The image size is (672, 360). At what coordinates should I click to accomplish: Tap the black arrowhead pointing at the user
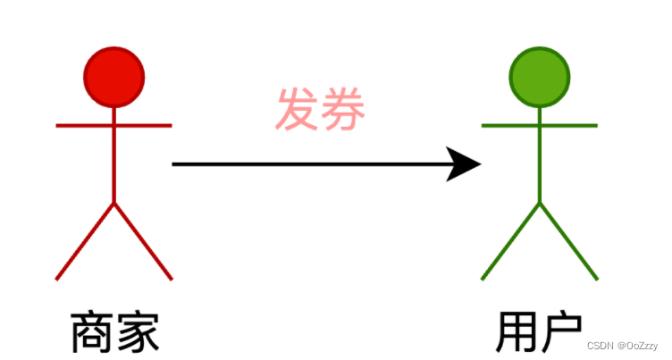point(466,164)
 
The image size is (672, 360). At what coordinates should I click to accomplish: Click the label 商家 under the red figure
point(114,332)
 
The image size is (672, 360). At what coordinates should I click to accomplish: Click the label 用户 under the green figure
point(539,332)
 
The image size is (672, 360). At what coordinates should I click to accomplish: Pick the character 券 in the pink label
point(344,109)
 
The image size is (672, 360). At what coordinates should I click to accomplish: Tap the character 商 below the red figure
point(92,332)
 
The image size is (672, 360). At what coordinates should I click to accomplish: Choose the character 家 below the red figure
point(137,332)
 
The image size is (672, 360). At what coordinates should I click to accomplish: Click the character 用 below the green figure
point(517,332)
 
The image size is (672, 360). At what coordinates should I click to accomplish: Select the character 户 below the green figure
point(561,332)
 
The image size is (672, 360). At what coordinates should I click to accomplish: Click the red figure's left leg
point(85,241)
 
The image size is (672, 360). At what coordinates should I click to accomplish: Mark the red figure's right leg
point(143,241)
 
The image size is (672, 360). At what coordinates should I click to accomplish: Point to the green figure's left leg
point(510,241)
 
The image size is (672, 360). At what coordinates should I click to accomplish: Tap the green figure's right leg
point(568,241)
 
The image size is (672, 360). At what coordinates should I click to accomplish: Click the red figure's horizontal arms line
point(80,126)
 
